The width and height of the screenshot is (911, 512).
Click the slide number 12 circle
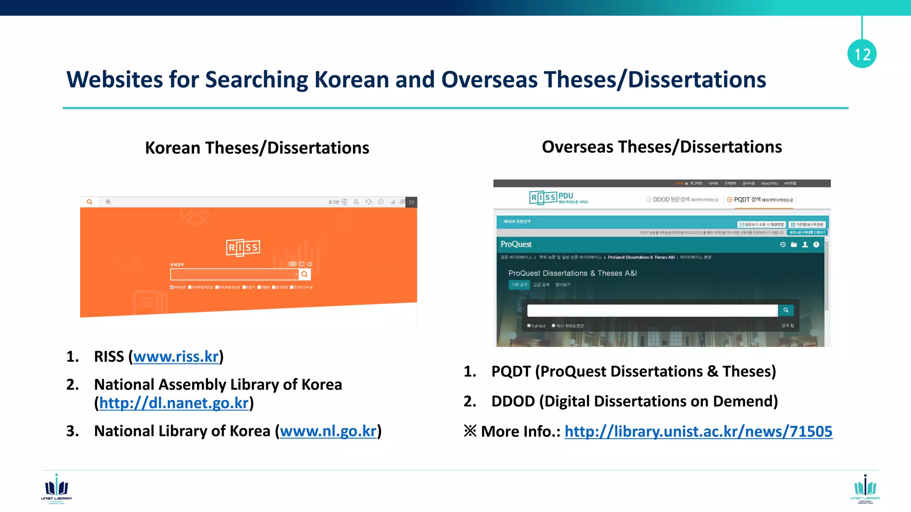[862, 54]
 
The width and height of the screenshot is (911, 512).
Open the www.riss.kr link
[176, 356]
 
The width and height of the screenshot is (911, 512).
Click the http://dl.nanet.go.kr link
[173, 403]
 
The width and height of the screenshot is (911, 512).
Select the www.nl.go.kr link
[328, 431]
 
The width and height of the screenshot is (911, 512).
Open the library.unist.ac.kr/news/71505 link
[698, 431]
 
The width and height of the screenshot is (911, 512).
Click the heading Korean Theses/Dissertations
[257, 148]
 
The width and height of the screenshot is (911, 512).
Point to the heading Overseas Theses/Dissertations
[661, 147]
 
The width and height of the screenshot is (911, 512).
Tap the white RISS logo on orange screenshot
[243, 248]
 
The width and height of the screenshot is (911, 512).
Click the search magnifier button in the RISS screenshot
[305, 274]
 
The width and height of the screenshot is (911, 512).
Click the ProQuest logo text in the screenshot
[516, 244]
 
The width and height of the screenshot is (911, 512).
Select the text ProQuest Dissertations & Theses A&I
[572, 273]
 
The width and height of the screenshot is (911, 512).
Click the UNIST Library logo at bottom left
[56, 489]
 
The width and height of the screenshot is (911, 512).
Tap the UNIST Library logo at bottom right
[865, 489]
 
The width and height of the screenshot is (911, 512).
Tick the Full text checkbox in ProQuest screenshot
[529, 326]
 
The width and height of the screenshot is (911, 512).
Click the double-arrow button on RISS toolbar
[412, 202]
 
